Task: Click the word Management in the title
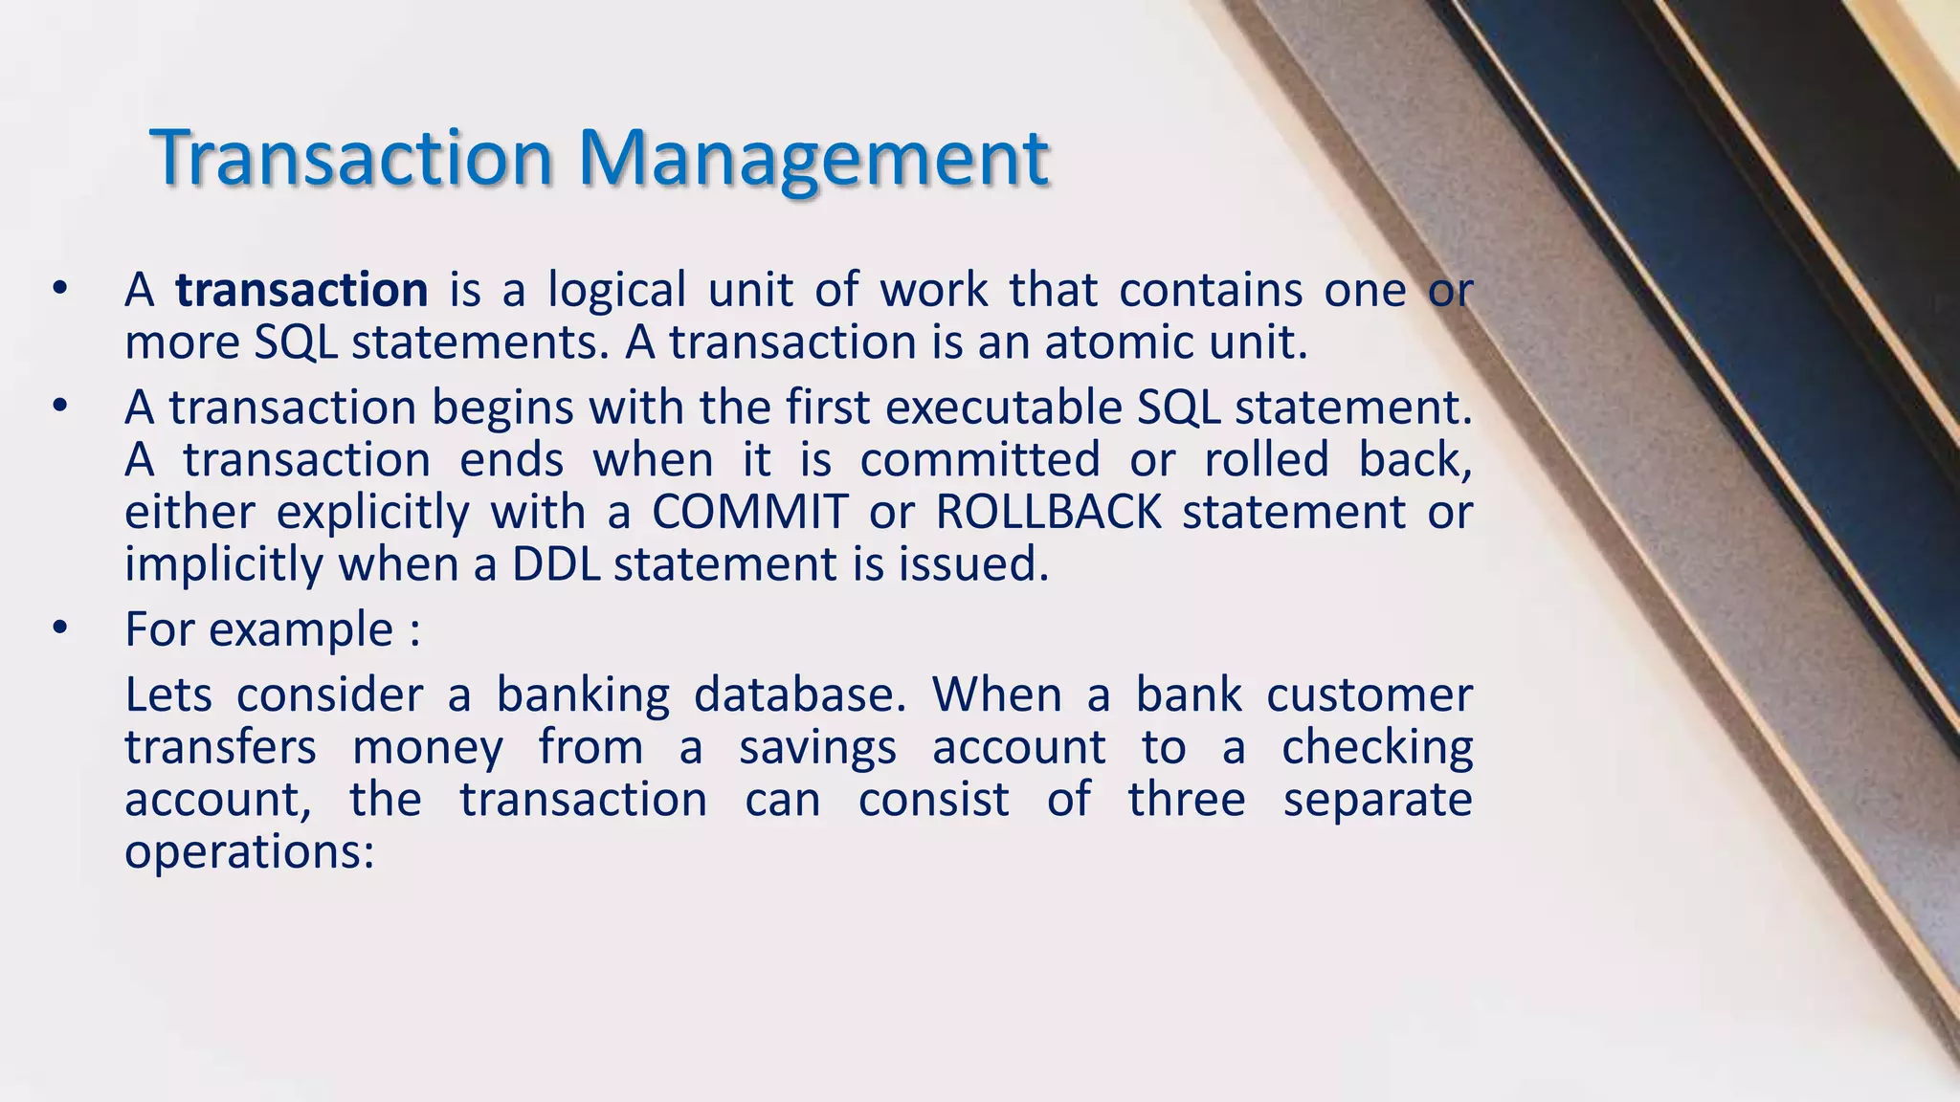tap(813, 158)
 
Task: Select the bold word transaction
tap(301, 290)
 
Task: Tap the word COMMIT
tap(750, 512)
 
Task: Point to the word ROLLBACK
tap(1048, 512)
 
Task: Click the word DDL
tap(556, 563)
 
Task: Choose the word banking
tap(583, 695)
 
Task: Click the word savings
tap(817, 748)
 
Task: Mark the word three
tap(1187, 800)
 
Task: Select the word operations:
tap(249, 851)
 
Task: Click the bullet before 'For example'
tap(60, 628)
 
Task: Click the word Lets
tap(168, 695)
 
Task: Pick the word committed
tap(980, 460)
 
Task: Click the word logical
tap(616, 290)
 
